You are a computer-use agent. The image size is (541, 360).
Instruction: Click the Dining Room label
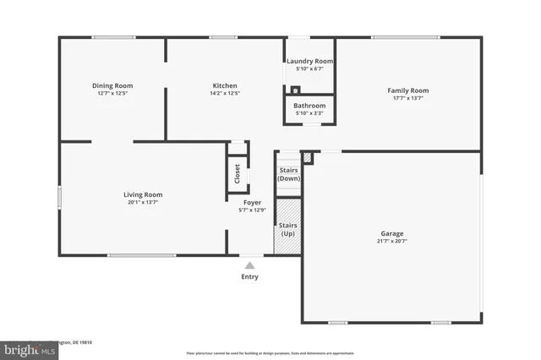tap(112, 85)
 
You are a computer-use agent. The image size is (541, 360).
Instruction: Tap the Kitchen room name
tap(224, 85)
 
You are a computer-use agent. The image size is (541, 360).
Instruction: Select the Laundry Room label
tap(309, 62)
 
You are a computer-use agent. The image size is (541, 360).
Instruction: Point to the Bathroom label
tap(309, 106)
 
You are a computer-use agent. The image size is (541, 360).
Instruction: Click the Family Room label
tap(407, 90)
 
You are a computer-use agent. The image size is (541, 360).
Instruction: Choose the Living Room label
tap(142, 194)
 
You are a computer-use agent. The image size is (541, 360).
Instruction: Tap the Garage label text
tap(391, 233)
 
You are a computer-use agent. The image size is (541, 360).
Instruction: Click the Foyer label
tap(252, 203)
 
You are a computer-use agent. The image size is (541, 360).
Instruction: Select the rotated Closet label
tap(237, 173)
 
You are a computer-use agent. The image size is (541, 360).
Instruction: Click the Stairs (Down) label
tap(289, 174)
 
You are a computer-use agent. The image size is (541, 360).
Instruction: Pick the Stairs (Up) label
tap(288, 229)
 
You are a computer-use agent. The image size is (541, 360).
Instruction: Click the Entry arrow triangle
tap(249, 265)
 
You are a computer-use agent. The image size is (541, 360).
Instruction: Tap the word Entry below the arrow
tap(249, 276)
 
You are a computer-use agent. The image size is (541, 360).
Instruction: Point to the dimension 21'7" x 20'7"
tap(391, 241)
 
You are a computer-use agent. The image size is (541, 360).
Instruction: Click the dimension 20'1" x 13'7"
tap(142, 202)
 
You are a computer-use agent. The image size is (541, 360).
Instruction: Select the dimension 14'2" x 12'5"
tap(224, 93)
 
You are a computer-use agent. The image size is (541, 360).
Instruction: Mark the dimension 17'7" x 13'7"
tap(407, 98)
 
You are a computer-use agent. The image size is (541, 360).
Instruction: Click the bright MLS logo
tap(25, 349)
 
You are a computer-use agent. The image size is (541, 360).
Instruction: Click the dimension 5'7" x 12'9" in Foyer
tap(252, 210)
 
